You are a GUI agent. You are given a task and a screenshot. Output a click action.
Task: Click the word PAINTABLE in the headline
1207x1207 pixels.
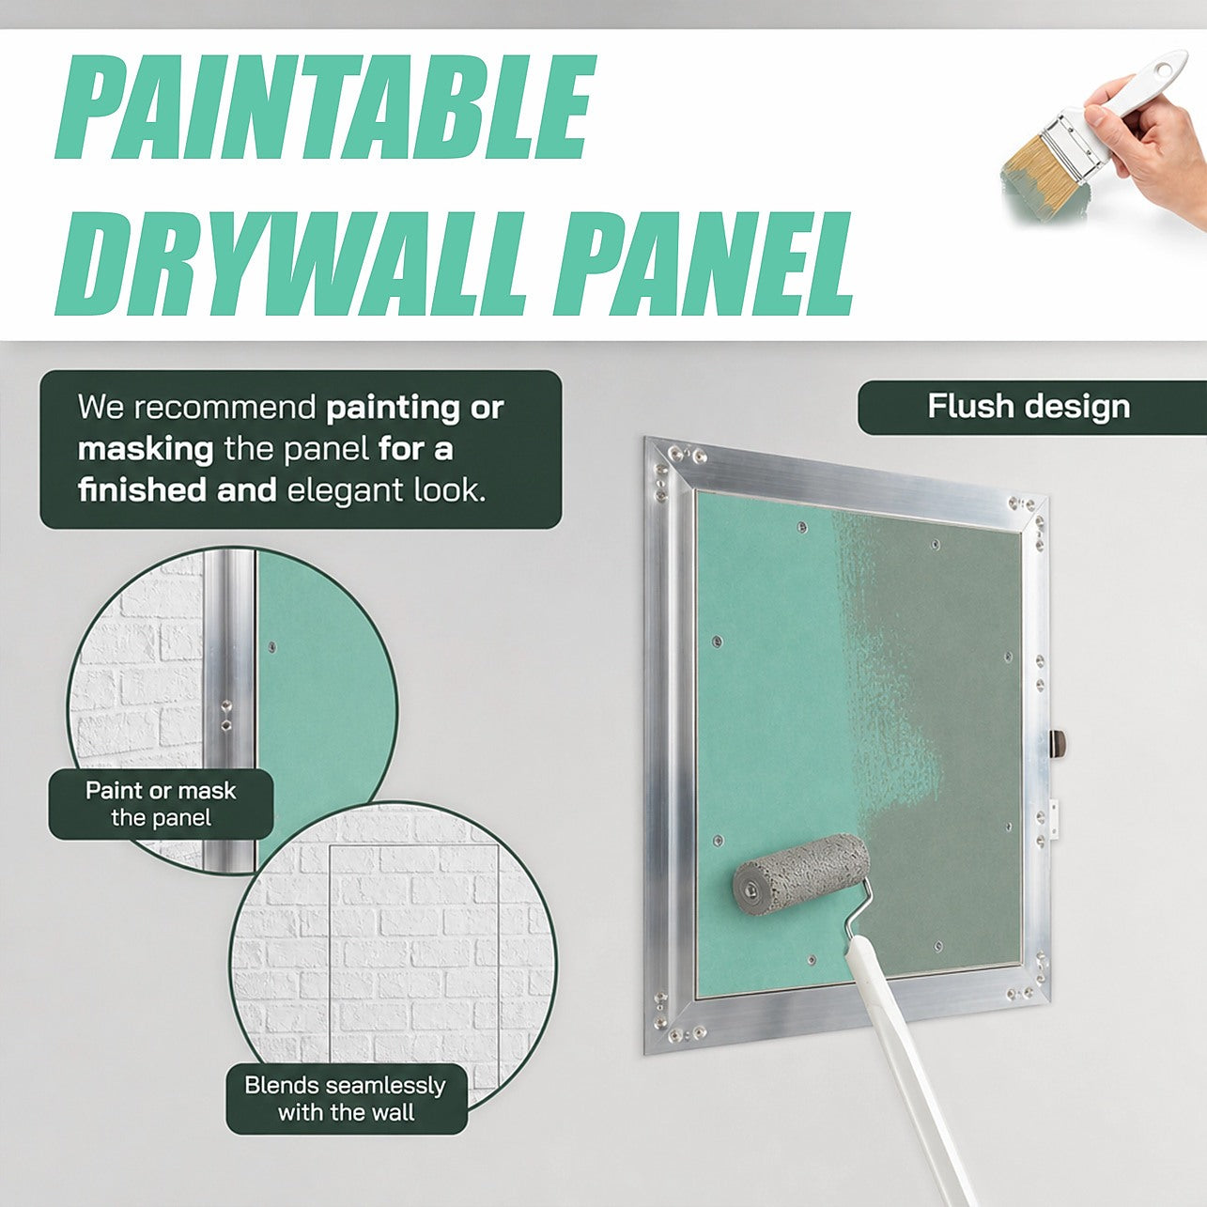pyautogui.click(x=323, y=108)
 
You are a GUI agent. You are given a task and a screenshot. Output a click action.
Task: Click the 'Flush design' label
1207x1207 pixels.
pyautogui.click(x=1029, y=407)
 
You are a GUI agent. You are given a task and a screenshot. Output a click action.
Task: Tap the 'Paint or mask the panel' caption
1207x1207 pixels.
pyautogui.click(x=161, y=804)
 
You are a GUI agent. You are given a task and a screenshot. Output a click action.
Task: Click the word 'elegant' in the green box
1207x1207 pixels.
pyautogui.click(x=347, y=490)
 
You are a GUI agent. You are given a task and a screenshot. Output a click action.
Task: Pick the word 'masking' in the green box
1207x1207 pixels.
pyautogui.click(x=146, y=450)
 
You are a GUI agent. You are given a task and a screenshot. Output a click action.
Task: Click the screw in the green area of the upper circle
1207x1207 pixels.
pyautogui.click(x=271, y=643)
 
